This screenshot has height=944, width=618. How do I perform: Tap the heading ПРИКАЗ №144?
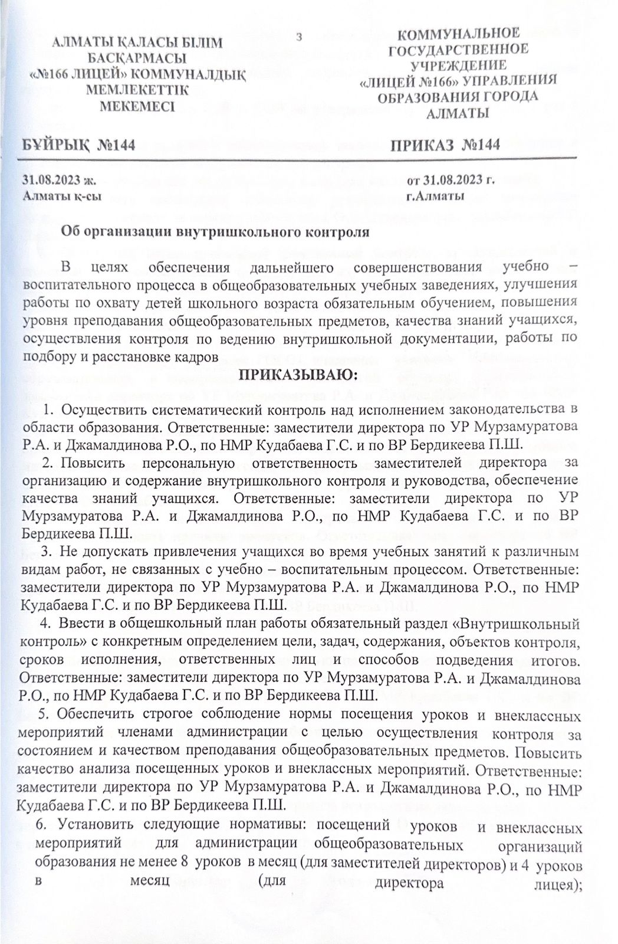click(446, 145)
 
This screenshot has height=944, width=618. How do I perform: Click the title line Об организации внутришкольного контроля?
click(216, 232)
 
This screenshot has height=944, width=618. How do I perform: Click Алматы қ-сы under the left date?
click(58, 196)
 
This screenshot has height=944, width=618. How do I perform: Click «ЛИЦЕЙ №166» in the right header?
click(411, 80)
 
